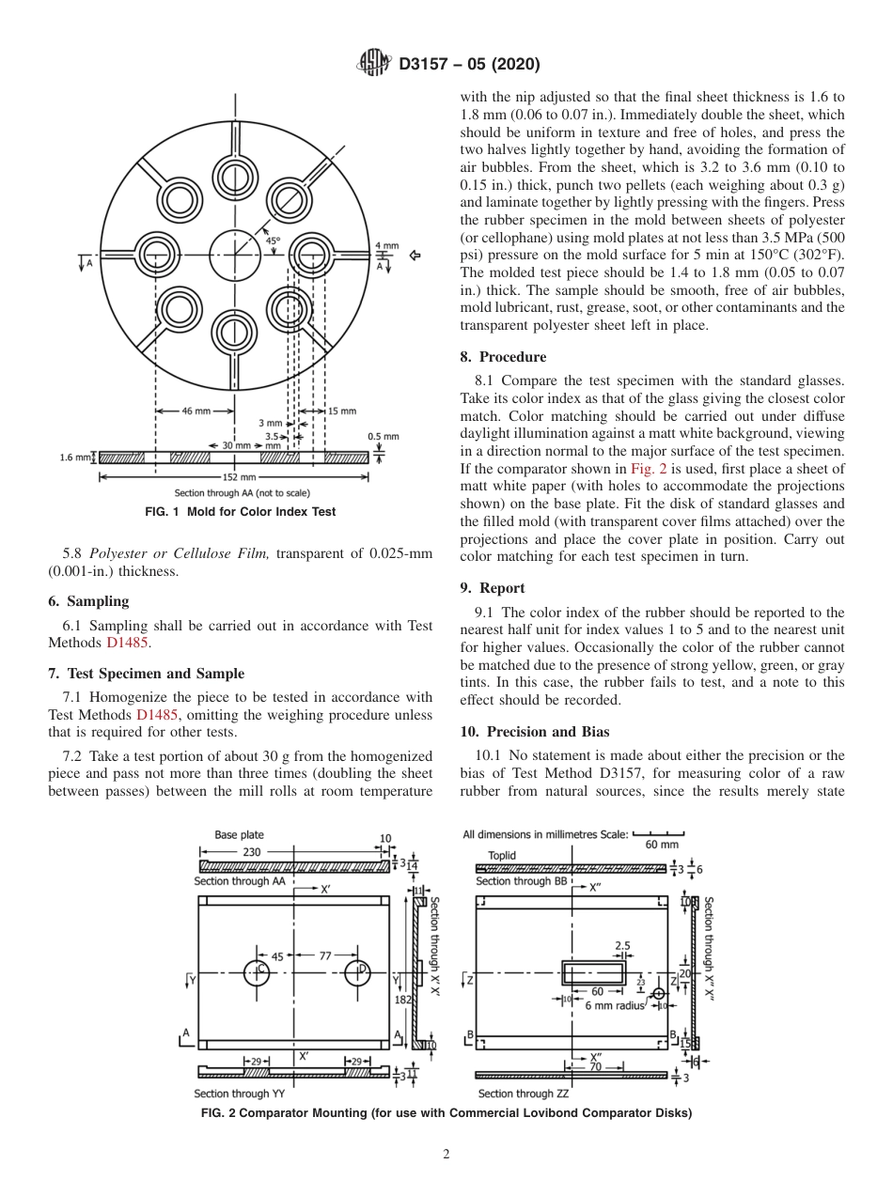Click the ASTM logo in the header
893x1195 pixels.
pyautogui.click(x=375, y=64)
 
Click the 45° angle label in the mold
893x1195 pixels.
pyautogui.click(x=273, y=241)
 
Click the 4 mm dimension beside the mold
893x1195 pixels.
pyautogui.click(x=386, y=246)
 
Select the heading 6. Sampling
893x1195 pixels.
pyautogui.click(x=88, y=601)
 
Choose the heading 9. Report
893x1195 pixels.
pyautogui.click(x=493, y=588)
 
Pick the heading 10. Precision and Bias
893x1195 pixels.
pyautogui.click(x=535, y=731)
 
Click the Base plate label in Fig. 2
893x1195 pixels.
pyautogui.click(x=239, y=834)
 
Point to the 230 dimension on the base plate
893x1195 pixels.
pyautogui.click(x=252, y=852)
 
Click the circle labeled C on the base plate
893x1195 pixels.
pyautogui.click(x=257, y=971)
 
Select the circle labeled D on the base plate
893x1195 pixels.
pyautogui.click(x=357, y=971)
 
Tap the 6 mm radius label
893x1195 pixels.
pyautogui.click(x=615, y=1006)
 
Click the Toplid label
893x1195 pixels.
pyautogui.click(x=501, y=856)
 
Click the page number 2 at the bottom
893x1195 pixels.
pyautogui.click(x=446, y=1155)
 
